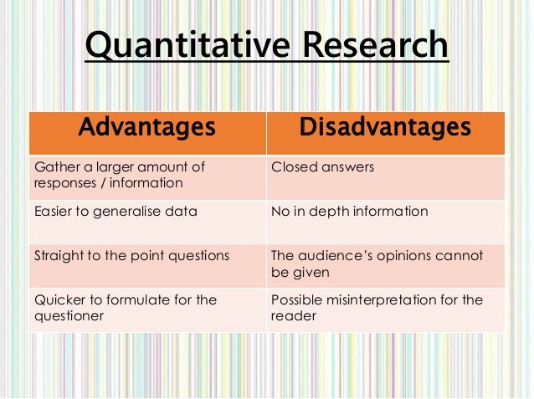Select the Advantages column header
[146, 130]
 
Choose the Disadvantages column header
[384, 130]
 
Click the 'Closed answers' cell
[322, 167]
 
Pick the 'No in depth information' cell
[350, 212]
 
